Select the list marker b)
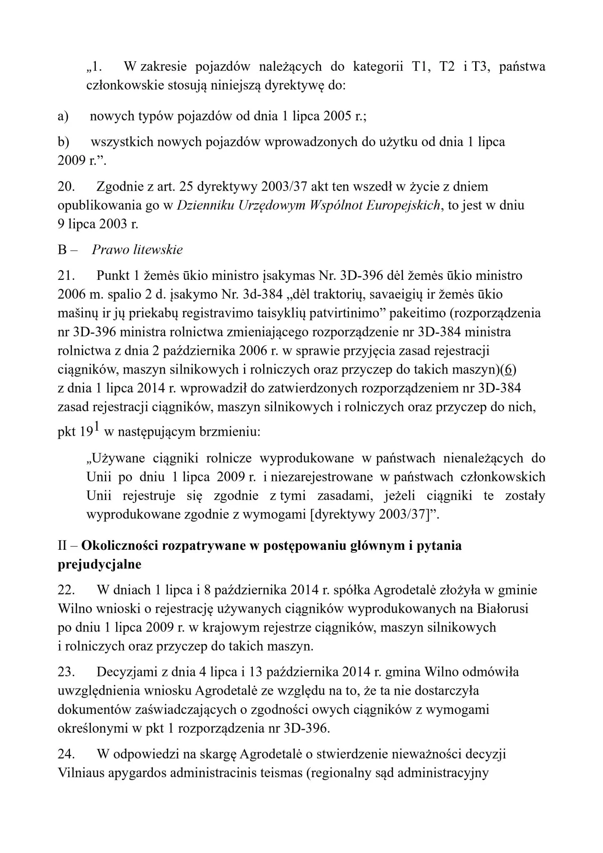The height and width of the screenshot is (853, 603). coord(63,142)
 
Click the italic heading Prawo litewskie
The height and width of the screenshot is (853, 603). coord(137,250)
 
